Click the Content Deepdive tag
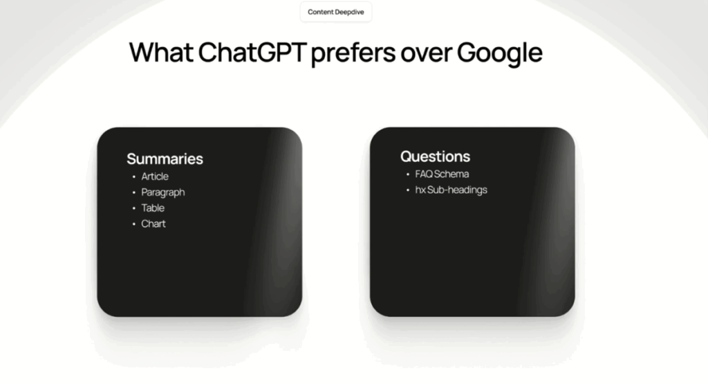coord(335,12)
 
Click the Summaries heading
coord(165,158)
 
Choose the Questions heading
coord(435,156)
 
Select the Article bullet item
coord(155,176)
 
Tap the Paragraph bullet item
coord(163,192)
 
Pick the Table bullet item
coord(153,208)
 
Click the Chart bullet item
coord(153,223)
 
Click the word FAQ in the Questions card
coord(423,174)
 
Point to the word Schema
coord(451,174)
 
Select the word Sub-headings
coord(457,190)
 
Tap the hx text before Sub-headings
coord(420,190)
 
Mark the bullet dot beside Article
coord(133,176)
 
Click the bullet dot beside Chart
coord(133,223)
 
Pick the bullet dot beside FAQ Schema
coord(408,174)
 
